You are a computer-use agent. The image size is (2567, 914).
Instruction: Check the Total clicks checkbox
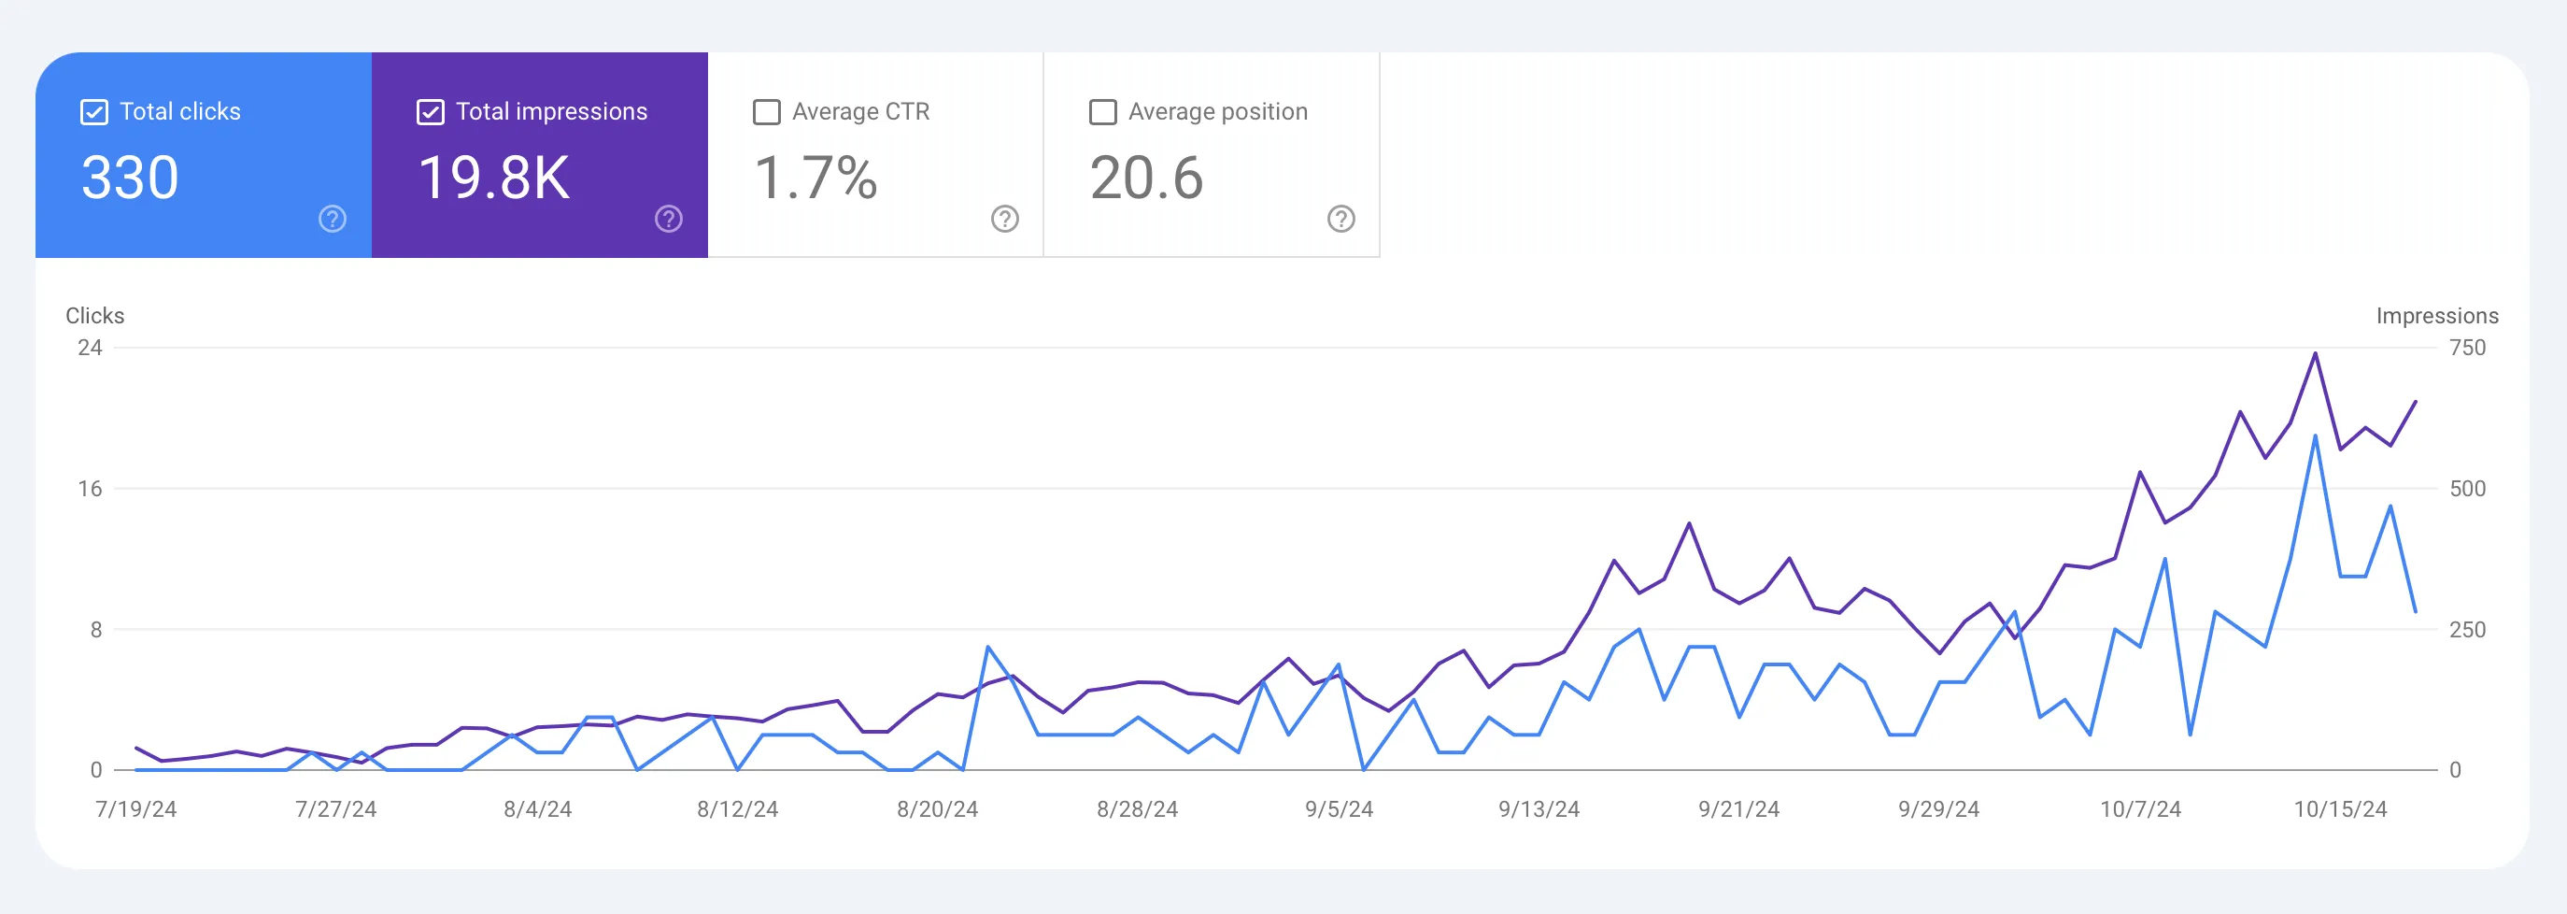[93, 111]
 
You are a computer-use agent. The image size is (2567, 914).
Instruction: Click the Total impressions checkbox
[430, 111]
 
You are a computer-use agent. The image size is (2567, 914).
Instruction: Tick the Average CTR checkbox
[766, 111]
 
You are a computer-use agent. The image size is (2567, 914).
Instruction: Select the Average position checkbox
[1102, 111]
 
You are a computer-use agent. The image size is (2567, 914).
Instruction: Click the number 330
[130, 179]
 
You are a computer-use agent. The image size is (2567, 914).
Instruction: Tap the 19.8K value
[493, 179]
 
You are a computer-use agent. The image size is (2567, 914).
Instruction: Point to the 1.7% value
[815, 179]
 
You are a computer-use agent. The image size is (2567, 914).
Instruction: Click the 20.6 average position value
[1146, 179]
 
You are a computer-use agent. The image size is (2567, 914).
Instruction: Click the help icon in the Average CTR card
[1004, 219]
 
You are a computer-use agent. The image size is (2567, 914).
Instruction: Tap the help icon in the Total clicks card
[332, 219]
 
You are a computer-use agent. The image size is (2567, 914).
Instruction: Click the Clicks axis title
[94, 316]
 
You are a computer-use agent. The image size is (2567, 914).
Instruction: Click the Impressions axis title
[2436, 316]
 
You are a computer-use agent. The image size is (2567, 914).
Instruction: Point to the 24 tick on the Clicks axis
[90, 348]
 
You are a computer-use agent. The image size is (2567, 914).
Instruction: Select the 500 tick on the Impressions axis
[2467, 489]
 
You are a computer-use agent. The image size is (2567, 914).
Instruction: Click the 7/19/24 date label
[135, 809]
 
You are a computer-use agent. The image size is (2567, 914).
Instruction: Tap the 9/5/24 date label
[1339, 809]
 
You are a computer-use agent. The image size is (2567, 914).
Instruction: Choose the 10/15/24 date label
[2340, 809]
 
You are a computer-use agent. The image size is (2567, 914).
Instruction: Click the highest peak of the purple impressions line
[2315, 354]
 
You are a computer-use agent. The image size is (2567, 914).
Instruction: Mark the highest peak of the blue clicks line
[2315, 436]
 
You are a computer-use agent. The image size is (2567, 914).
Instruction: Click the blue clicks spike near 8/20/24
[987, 648]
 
